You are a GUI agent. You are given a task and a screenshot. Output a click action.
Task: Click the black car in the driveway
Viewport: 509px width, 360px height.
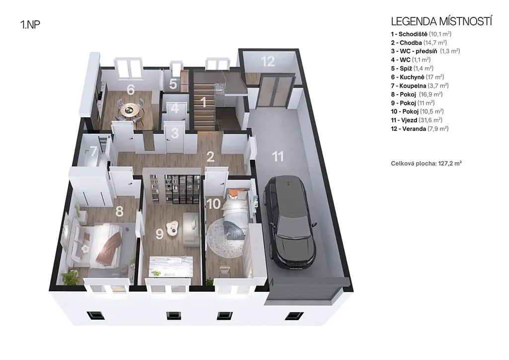(290, 222)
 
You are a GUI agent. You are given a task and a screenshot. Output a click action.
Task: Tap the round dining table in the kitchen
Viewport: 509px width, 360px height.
(130, 110)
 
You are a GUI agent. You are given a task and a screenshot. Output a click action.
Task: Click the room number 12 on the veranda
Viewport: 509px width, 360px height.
(267, 61)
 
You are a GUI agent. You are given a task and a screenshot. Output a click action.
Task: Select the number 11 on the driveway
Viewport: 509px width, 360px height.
(278, 157)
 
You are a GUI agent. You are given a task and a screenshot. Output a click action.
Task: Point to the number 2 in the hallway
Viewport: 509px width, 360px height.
(210, 157)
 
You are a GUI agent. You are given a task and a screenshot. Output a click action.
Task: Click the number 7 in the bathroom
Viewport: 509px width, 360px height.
(93, 151)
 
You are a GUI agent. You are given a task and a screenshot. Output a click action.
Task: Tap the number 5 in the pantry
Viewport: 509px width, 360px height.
(173, 84)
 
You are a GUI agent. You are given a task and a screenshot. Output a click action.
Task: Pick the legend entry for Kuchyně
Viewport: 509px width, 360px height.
(418, 77)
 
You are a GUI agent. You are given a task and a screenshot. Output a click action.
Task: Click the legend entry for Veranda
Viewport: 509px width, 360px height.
(420, 129)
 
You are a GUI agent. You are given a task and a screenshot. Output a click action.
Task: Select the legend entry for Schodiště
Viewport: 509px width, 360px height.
(421, 34)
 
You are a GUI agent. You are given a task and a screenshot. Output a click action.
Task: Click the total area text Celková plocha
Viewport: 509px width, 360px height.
(426, 163)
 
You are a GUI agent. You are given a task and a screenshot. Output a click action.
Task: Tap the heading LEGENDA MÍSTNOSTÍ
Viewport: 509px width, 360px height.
(441, 21)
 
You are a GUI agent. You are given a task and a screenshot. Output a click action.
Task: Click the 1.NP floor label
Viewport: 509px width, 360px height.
(30, 25)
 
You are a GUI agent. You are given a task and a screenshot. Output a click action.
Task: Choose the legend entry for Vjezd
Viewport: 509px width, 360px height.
(417, 120)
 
